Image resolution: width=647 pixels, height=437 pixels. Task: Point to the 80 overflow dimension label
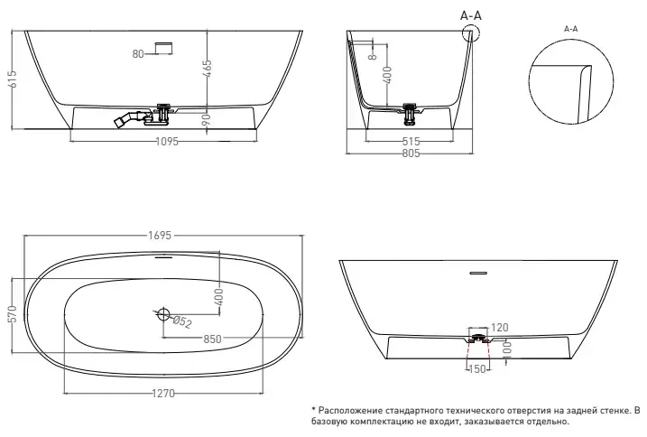(x=138, y=54)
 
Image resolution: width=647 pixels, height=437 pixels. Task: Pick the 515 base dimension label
(x=412, y=142)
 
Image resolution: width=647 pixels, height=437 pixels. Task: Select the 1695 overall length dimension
(x=162, y=237)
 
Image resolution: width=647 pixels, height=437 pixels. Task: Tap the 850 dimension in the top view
(x=213, y=339)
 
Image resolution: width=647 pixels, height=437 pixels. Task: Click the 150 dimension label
(x=477, y=368)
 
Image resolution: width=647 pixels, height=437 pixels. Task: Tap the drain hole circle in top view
(x=163, y=314)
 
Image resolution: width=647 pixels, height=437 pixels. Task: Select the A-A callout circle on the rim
(x=470, y=33)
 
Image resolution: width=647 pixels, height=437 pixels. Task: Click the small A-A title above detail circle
(x=570, y=29)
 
